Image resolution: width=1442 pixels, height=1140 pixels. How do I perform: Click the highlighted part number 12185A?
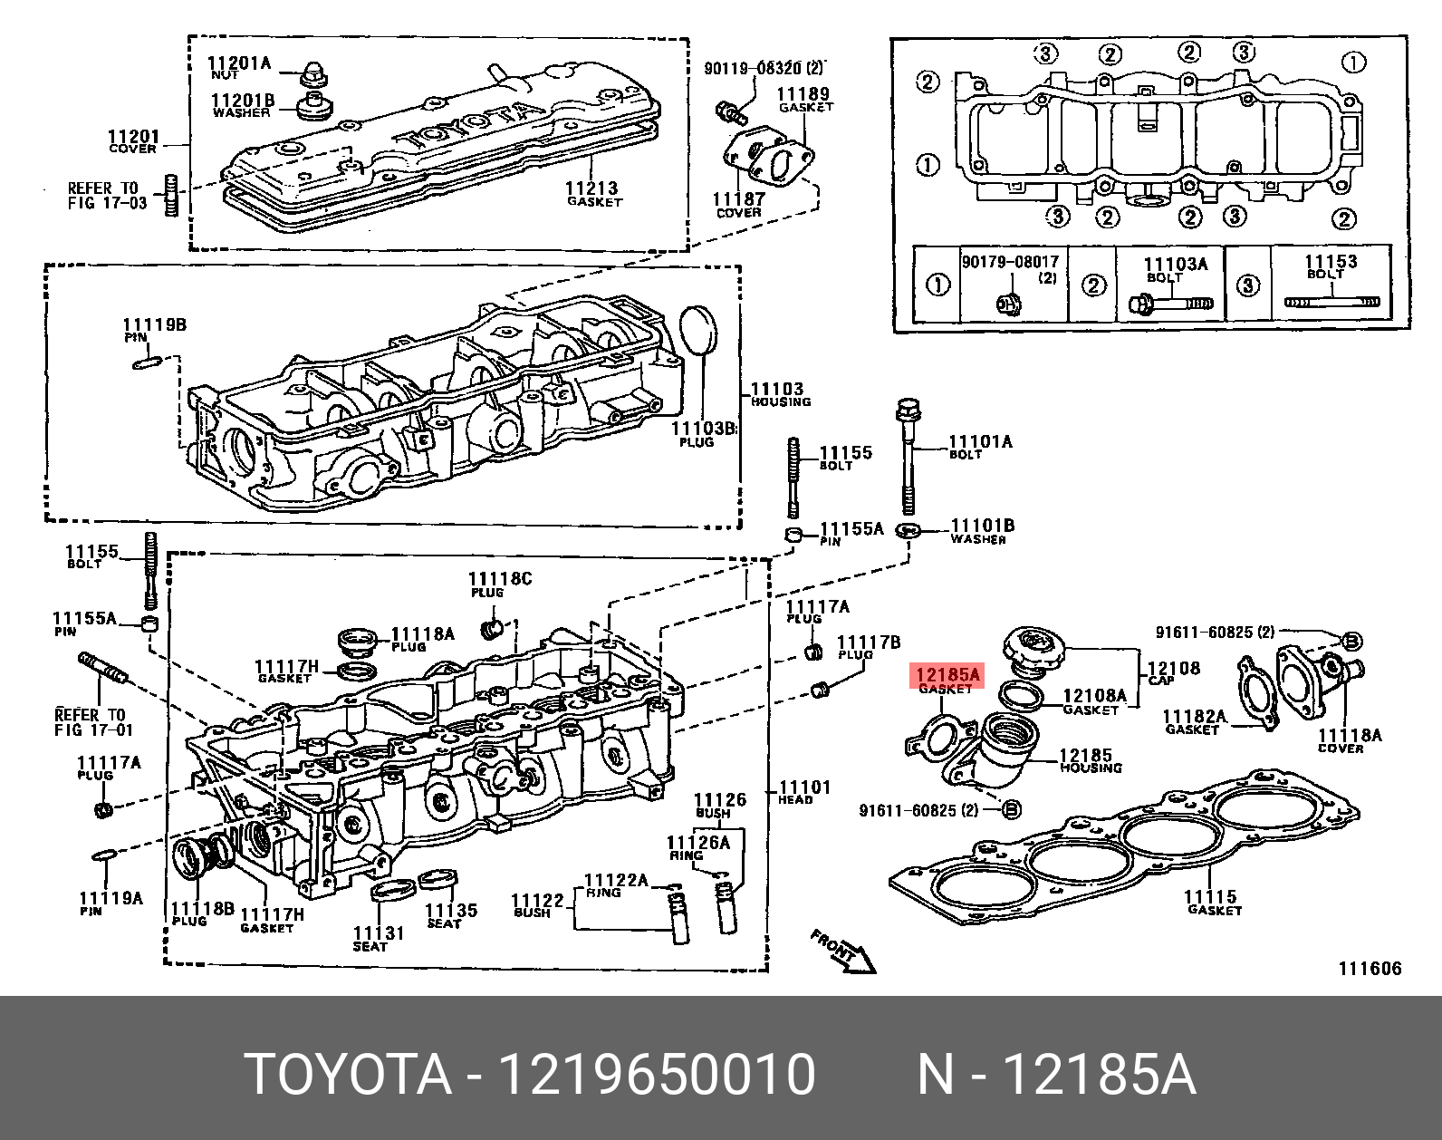tap(947, 675)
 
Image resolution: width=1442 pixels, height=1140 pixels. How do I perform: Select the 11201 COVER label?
tap(133, 141)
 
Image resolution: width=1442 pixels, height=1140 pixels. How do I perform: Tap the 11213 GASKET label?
tap(593, 193)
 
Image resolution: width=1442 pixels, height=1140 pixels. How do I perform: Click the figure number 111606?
tap(1370, 969)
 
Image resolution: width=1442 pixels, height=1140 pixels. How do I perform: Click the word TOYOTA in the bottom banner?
tap(349, 1075)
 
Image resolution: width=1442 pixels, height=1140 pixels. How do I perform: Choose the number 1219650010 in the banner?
tap(659, 1075)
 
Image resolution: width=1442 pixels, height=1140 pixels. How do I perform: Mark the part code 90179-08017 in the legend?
tap(1010, 262)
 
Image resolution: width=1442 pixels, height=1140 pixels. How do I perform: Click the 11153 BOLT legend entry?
tap(1330, 266)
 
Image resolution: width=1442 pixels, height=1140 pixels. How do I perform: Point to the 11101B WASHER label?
tap(981, 531)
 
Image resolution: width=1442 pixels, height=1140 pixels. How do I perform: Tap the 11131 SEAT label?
tap(378, 938)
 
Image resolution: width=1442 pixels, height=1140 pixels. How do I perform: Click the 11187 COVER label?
tap(738, 205)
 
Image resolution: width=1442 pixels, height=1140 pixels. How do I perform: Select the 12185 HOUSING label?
tap(1090, 760)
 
